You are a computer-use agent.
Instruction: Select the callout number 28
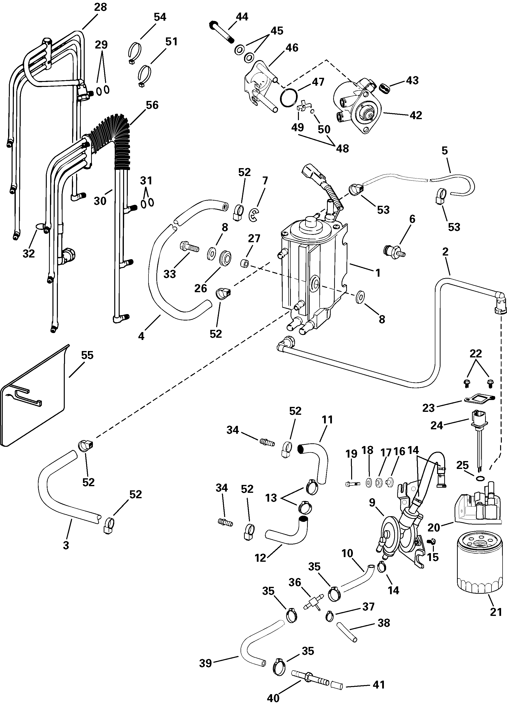pyautogui.click(x=100, y=7)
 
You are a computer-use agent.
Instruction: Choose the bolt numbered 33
pyautogui.click(x=189, y=248)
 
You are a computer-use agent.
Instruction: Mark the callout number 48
pyautogui.click(x=342, y=149)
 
